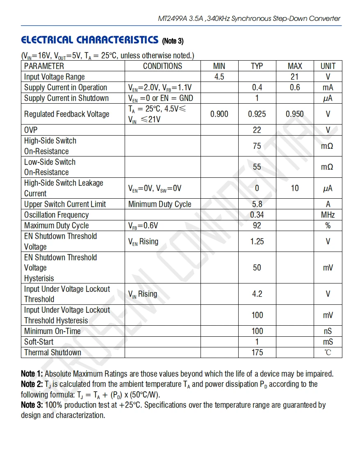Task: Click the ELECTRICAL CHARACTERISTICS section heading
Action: tap(89, 40)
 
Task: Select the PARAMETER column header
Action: tap(44, 66)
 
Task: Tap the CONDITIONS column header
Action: tap(162, 66)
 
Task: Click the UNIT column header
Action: tap(328, 66)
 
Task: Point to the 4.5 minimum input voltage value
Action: tap(219, 77)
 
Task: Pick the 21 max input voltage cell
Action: tap(295, 77)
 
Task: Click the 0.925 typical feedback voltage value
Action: tap(257, 114)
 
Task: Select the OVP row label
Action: tap(31, 130)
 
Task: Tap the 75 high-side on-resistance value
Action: tap(257, 146)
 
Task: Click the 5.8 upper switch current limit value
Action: tap(257, 204)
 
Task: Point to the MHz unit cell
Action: tap(328, 215)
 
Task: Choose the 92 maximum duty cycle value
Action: tap(257, 225)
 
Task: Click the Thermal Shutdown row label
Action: tap(52, 352)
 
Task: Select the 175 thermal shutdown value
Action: tap(257, 352)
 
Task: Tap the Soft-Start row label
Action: tap(39, 342)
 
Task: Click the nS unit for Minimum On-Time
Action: tap(328, 331)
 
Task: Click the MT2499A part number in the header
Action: tap(173, 18)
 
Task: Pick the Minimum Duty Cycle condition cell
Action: tap(159, 204)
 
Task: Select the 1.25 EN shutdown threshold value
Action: tap(257, 241)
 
